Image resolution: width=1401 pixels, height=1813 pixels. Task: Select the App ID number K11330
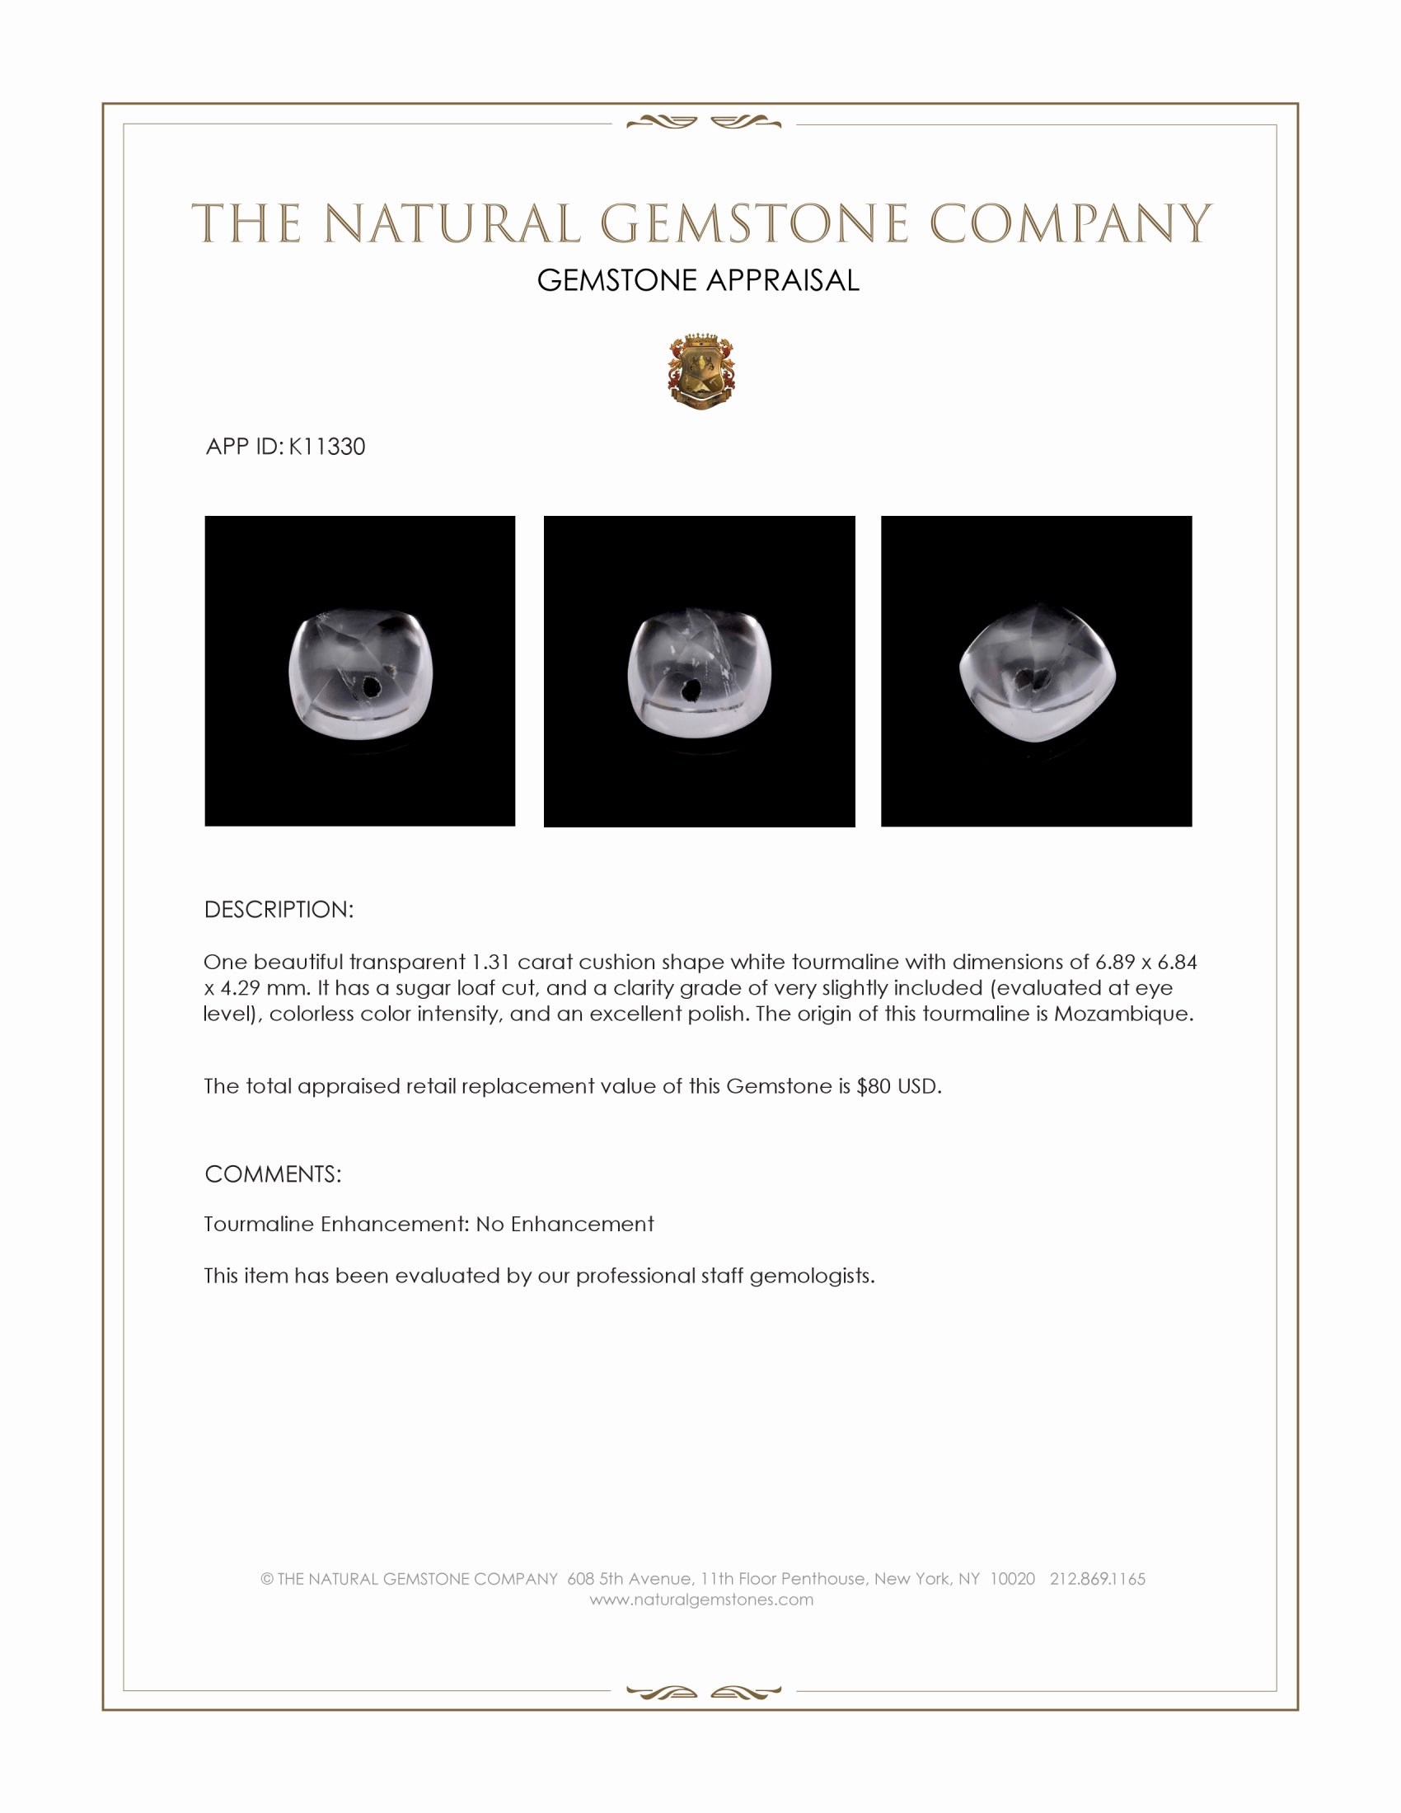[x=327, y=447]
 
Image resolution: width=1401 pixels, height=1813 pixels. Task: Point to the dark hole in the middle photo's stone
[x=690, y=690]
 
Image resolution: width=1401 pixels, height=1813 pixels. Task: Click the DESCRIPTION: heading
[x=279, y=910]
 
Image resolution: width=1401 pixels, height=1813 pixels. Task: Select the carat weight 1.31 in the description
[x=490, y=962]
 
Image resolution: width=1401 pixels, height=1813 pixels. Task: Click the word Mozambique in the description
[x=1122, y=1014]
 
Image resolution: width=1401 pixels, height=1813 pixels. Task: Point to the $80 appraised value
[x=873, y=1087]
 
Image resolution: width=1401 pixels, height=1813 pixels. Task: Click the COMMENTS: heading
[x=273, y=1174]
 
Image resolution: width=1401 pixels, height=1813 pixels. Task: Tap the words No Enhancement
[x=565, y=1225]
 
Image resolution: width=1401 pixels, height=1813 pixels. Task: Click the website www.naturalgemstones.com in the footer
[x=701, y=1600]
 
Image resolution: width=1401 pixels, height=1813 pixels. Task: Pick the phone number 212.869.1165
[x=1097, y=1579]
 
